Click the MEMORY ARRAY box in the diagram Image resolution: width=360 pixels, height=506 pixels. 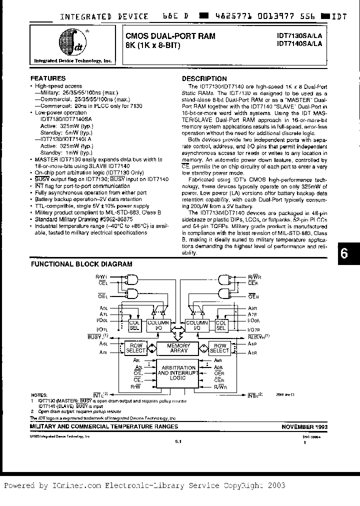tap(178, 348)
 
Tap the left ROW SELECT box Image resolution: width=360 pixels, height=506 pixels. tap(136, 348)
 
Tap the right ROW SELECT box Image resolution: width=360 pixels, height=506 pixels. tap(219, 348)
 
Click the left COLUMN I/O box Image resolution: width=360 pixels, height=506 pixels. tap(158, 325)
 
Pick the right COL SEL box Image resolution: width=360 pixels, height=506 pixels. tap(221, 325)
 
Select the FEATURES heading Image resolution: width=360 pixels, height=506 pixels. tap(48, 78)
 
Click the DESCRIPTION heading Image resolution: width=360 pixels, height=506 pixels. tap(204, 78)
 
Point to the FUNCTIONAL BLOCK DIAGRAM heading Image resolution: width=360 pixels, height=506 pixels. tap(81, 264)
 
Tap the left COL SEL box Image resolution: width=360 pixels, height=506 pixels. tap(134, 325)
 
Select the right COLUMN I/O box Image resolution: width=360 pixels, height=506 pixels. tap(197, 325)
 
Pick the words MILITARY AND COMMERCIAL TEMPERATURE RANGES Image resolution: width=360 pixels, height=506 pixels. tap(104, 426)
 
